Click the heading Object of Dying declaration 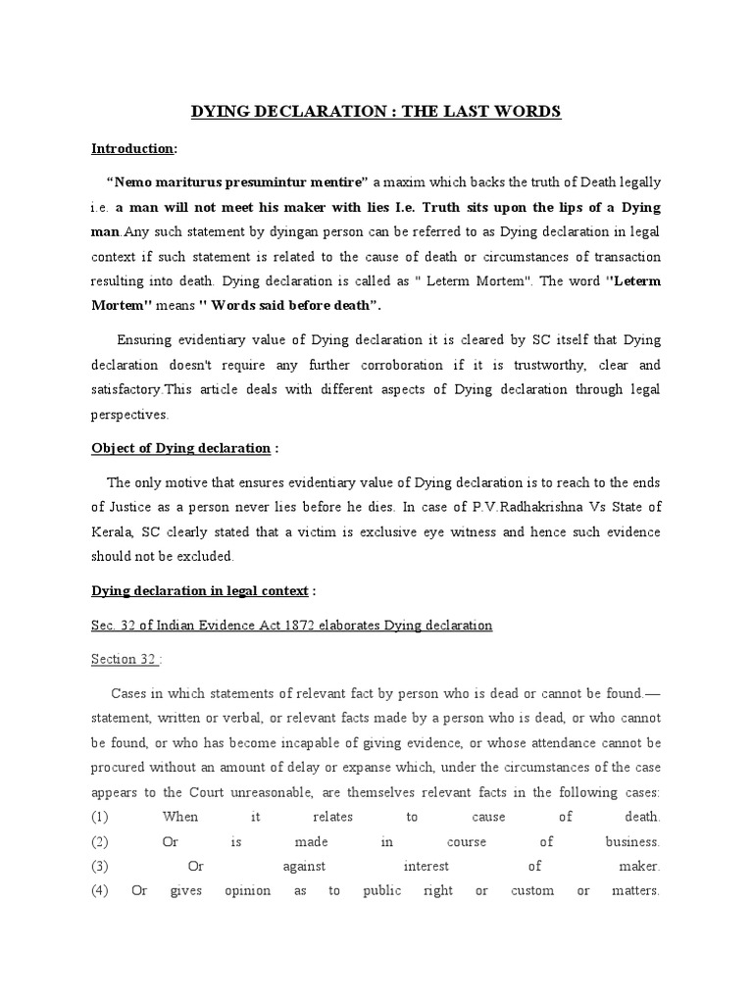181,448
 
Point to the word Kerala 114,531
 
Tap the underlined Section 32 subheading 124,659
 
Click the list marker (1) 101,817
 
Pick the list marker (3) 101,867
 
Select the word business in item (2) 632,841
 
